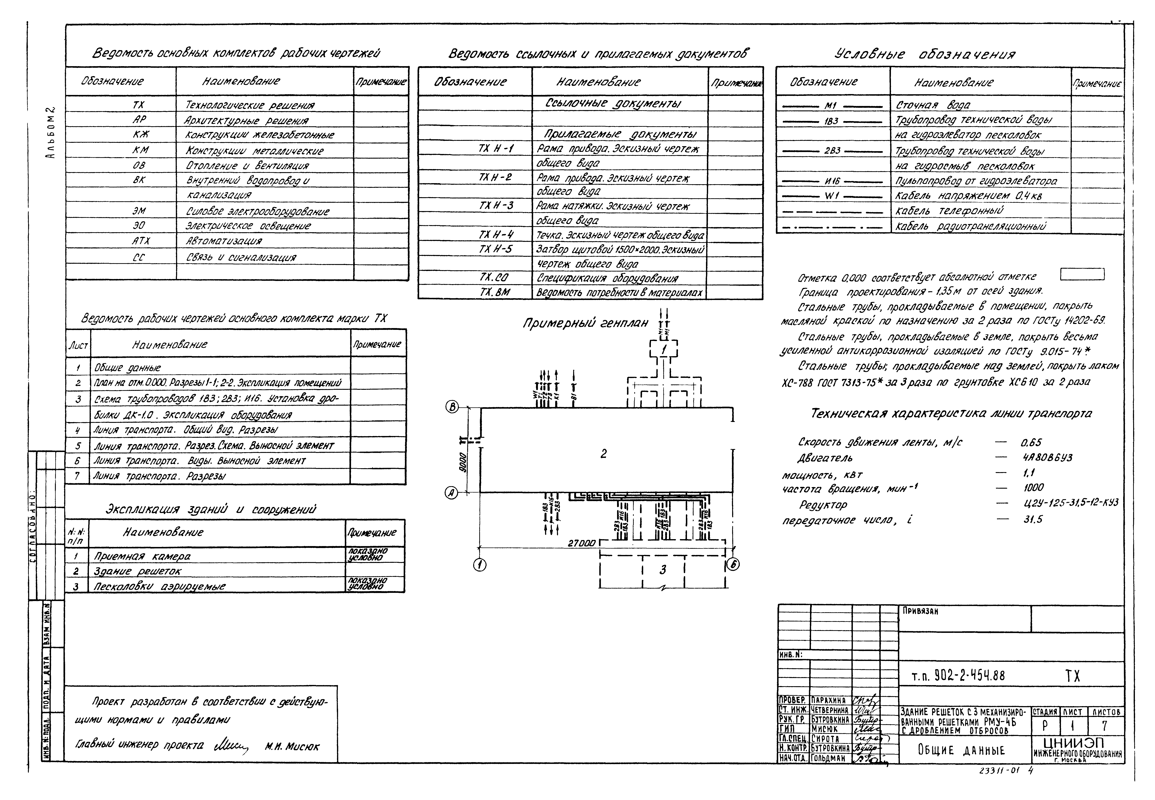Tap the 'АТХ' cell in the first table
[x=140, y=241]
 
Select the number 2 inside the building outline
[x=604, y=454]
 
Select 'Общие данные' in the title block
[x=961, y=750]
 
